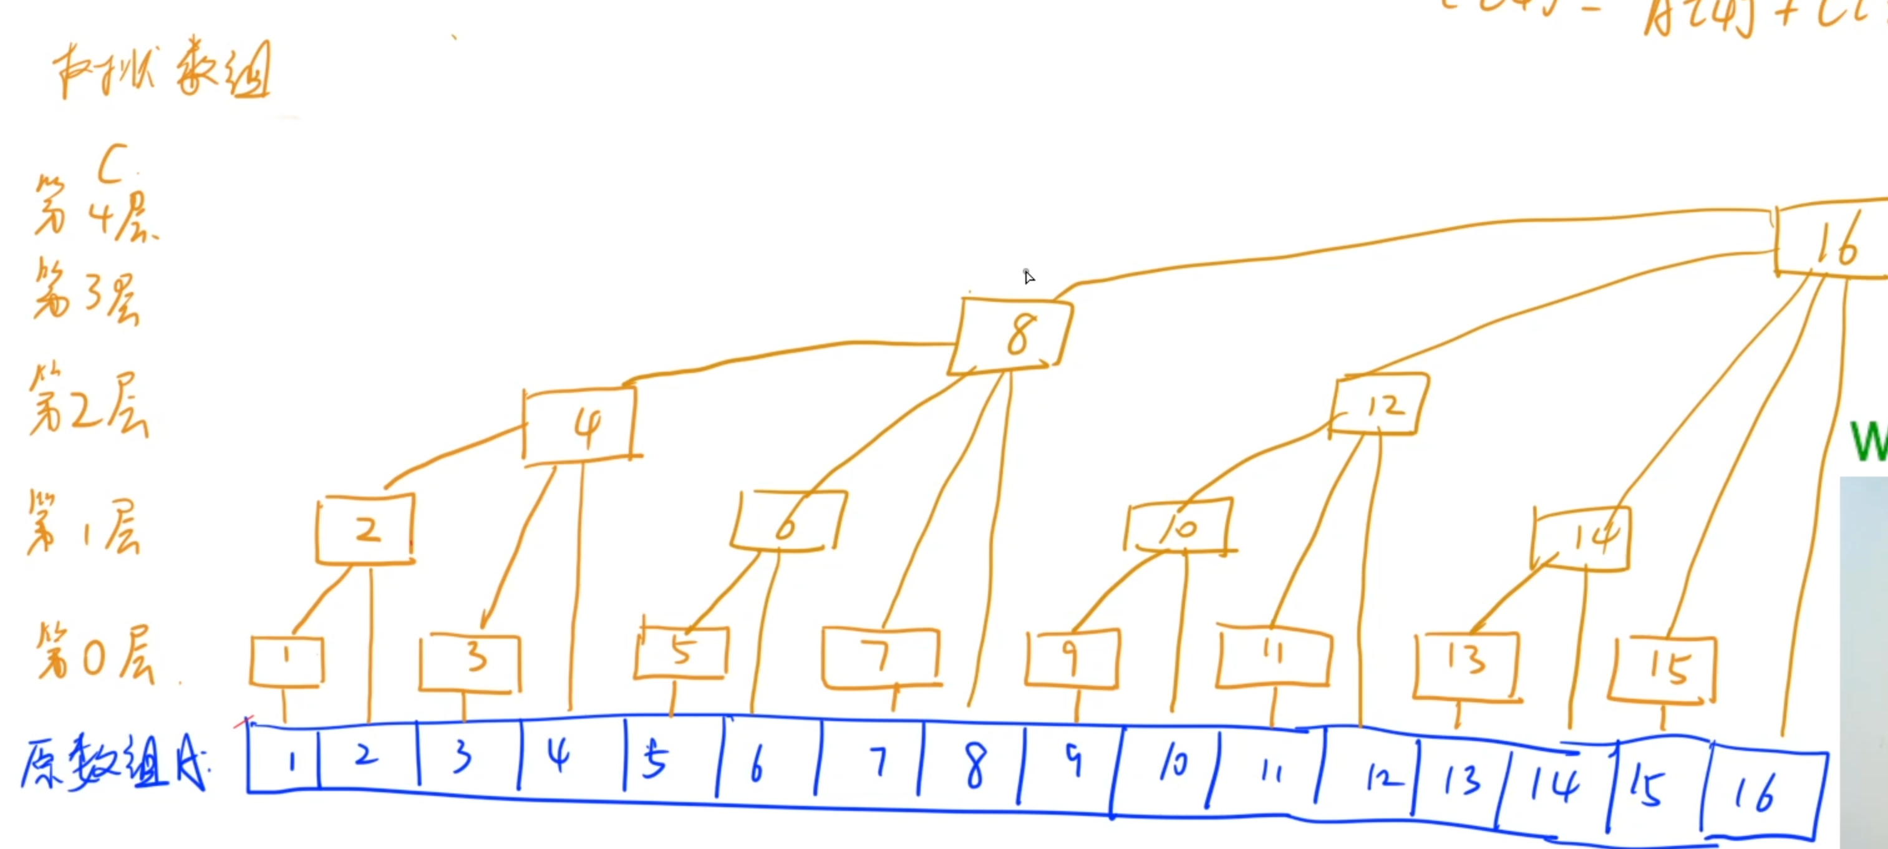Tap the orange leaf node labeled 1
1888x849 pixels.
tap(286, 661)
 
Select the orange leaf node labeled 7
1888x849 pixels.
tap(879, 657)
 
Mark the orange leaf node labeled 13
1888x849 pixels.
tap(1466, 664)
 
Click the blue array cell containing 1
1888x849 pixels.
tap(284, 760)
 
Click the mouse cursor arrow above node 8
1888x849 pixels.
tap(1029, 276)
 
